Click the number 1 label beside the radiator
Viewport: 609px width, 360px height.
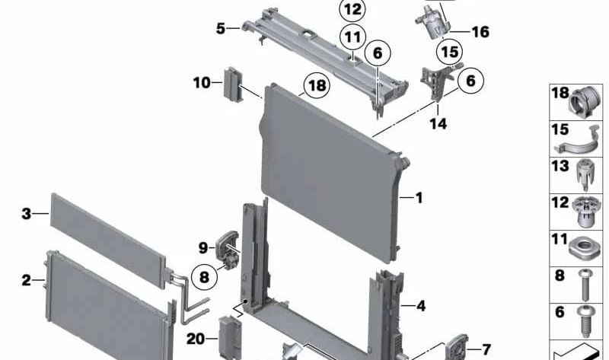tap(418, 198)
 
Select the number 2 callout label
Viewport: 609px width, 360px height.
tap(26, 280)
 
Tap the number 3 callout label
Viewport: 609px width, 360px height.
tap(26, 215)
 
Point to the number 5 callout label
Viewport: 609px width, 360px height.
tap(221, 29)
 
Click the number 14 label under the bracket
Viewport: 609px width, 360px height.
tap(437, 123)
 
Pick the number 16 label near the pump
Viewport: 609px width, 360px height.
tap(480, 32)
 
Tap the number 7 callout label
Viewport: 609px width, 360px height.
tap(486, 349)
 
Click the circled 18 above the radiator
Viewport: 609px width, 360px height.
tap(317, 85)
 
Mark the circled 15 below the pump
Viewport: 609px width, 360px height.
tap(448, 53)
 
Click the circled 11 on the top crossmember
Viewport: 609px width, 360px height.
tap(352, 36)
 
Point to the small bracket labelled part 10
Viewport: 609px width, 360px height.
tap(231, 83)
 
